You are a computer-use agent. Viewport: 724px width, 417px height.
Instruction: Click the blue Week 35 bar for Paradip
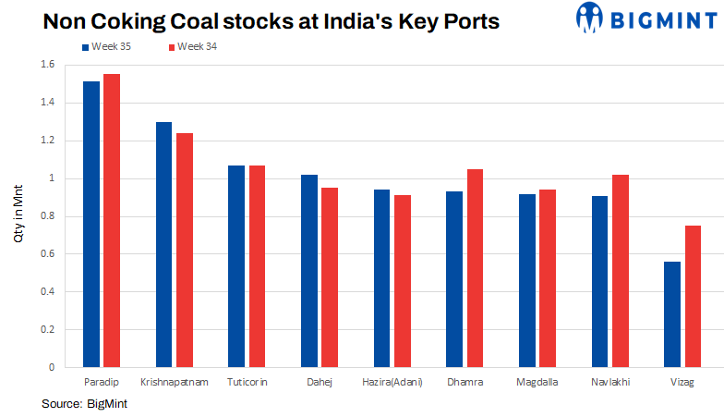click(x=91, y=225)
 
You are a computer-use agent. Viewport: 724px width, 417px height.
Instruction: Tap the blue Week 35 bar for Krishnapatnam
click(x=163, y=245)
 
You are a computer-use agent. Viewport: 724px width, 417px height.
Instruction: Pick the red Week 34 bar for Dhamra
click(x=475, y=268)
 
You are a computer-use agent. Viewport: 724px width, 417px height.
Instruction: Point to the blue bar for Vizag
click(x=672, y=314)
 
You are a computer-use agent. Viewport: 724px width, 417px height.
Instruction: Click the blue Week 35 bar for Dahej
click(x=309, y=271)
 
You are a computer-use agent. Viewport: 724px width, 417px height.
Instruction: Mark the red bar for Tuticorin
click(x=257, y=266)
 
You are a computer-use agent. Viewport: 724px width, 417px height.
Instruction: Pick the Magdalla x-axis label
click(x=537, y=383)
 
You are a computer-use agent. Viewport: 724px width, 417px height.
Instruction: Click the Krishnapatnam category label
click(x=175, y=383)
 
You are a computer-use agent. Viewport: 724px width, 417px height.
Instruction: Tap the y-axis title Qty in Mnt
click(x=18, y=216)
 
